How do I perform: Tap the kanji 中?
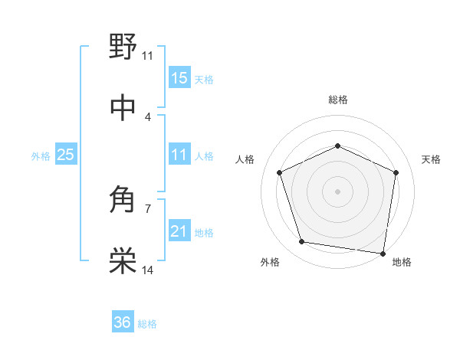pos(123,108)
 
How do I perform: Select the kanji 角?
pos(123,201)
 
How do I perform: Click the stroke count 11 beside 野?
pos(147,55)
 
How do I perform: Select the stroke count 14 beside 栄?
pos(148,270)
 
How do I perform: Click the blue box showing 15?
pos(179,78)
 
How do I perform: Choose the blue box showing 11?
pos(179,155)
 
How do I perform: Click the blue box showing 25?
pos(65,155)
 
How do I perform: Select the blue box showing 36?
pos(123,323)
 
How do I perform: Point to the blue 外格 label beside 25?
pos(41,156)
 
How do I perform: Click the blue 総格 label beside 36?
pos(147,324)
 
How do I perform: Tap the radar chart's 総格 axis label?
pos(337,100)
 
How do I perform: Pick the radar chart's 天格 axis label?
pos(432,159)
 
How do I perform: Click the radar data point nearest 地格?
pos(382,253)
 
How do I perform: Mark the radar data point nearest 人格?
pos(280,172)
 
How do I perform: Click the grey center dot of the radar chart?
pos(337,191)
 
